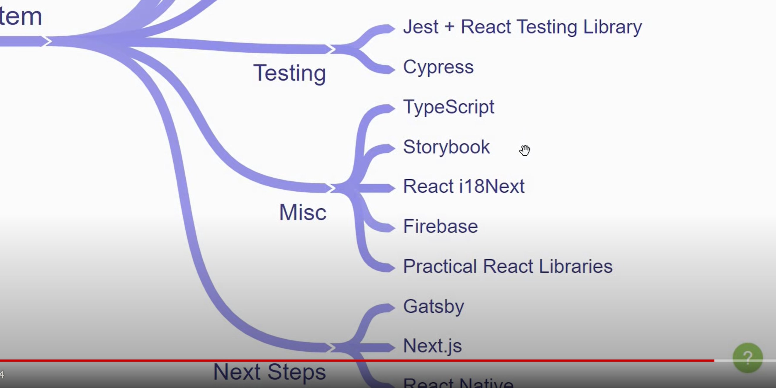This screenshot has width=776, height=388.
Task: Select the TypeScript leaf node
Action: tap(448, 107)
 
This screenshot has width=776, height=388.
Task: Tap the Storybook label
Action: tap(446, 147)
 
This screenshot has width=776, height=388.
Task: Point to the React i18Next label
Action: tap(464, 186)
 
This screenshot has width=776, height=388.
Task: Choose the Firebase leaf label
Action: tap(440, 226)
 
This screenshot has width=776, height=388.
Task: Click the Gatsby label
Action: tap(433, 307)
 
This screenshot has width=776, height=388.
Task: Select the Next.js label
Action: tap(432, 346)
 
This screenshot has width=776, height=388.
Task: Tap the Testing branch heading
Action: tap(289, 73)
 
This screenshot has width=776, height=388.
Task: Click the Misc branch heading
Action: tap(303, 212)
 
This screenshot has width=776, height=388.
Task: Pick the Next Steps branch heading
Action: tap(269, 372)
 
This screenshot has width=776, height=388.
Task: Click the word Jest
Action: tap(421, 27)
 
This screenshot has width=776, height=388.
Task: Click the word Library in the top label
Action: tap(612, 27)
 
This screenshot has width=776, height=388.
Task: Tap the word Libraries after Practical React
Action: tap(575, 266)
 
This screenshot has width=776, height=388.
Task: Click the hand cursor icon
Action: tap(525, 150)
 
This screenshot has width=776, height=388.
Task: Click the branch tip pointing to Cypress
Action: tap(390, 69)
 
